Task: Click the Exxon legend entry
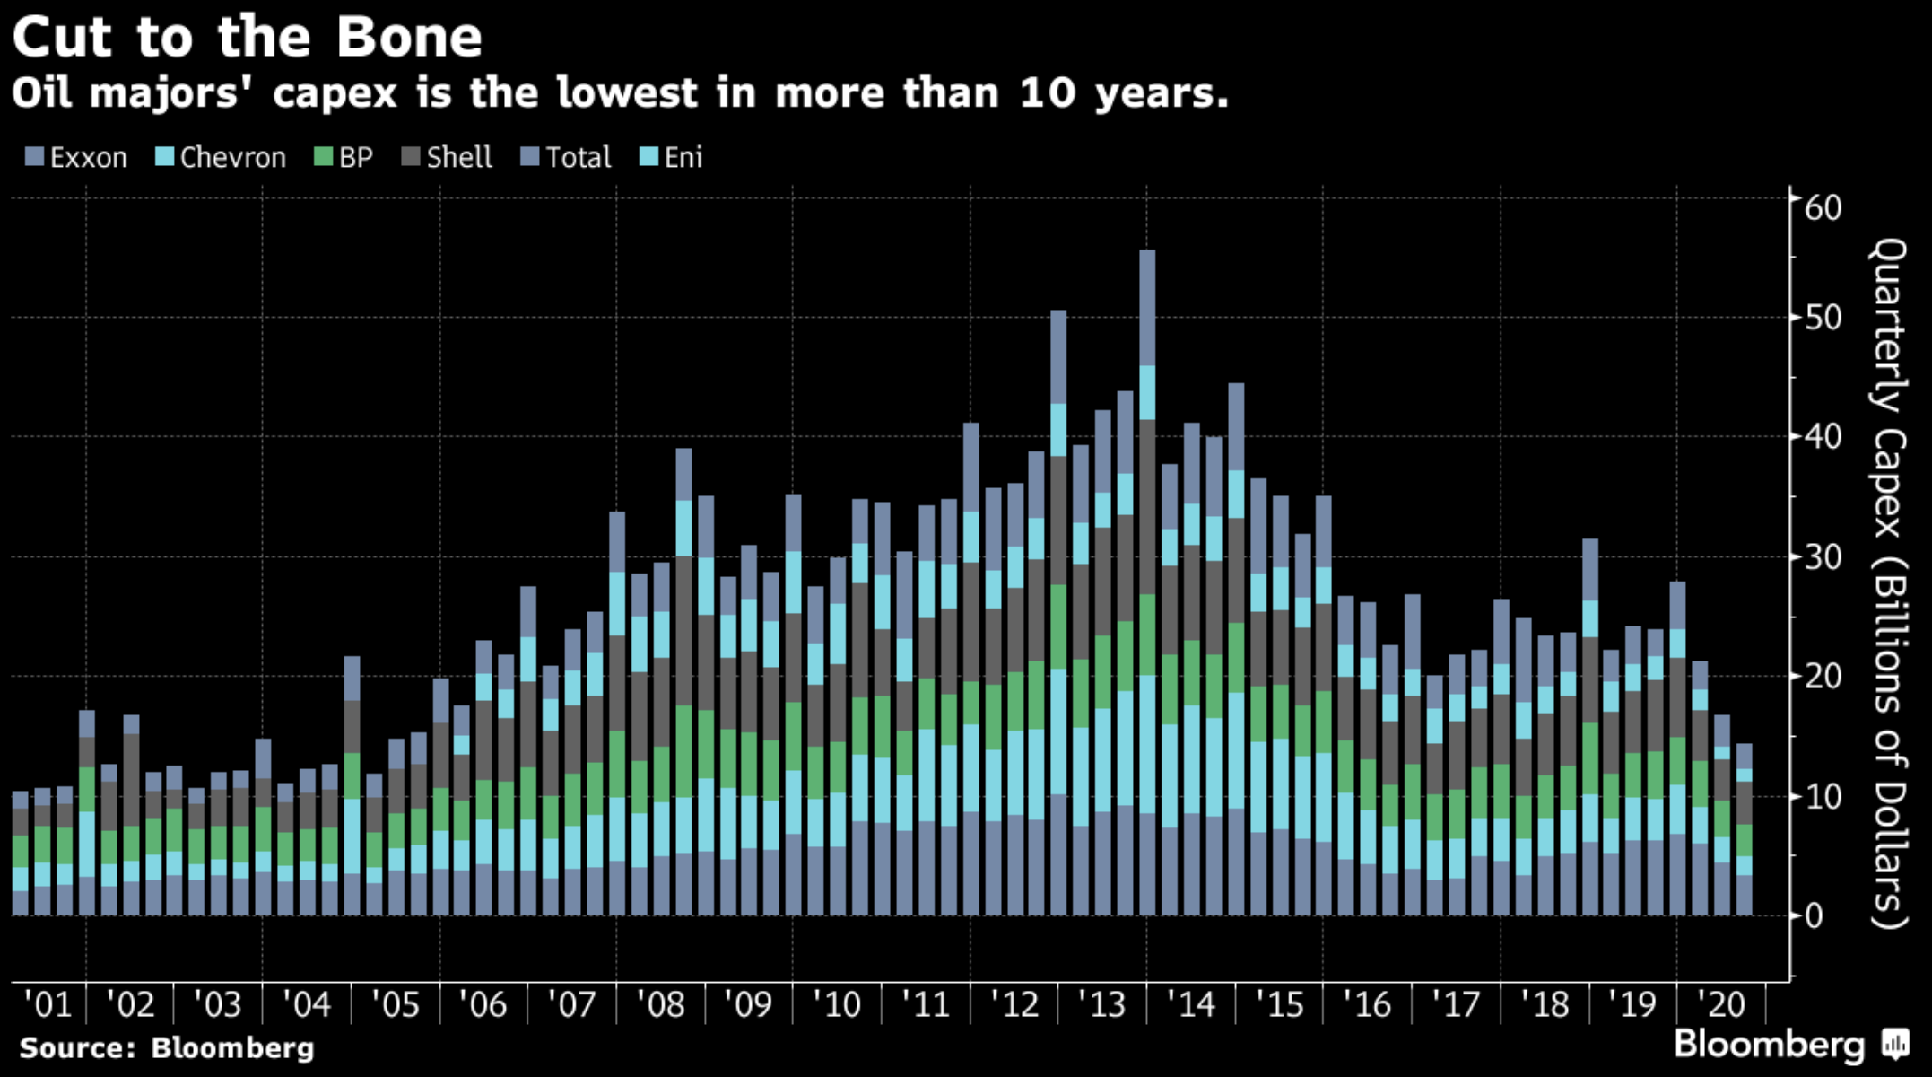tap(77, 158)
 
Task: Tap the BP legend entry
tap(344, 158)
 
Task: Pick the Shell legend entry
tap(448, 158)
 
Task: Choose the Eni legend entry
tap(672, 158)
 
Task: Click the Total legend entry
tap(567, 158)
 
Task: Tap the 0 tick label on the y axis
tap(1814, 916)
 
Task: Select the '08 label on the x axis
tap(661, 1004)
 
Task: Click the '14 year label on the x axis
tap(1190, 1004)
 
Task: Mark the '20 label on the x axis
tap(1721, 1004)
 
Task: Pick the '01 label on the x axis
tap(48, 1004)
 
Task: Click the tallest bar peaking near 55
tap(1147, 583)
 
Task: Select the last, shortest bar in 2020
tap(1744, 830)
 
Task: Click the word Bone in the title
tap(409, 38)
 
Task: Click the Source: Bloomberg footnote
tap(167, 1048)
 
